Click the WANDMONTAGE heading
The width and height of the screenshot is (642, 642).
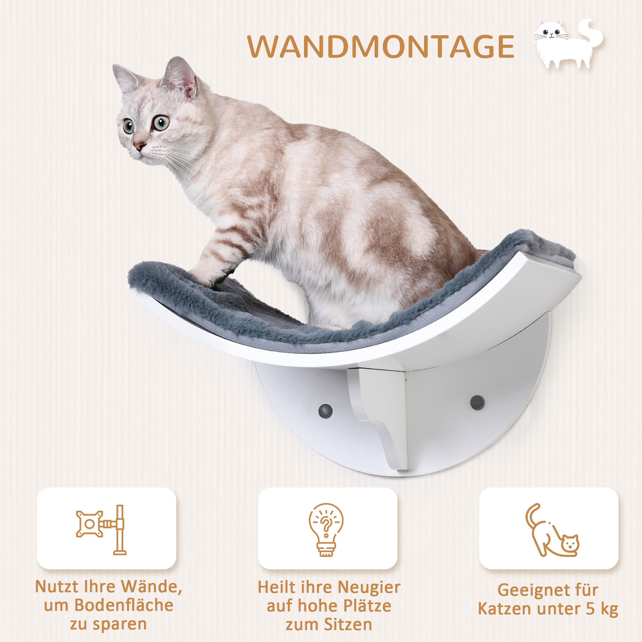pyautogui.click(x=381, y=47)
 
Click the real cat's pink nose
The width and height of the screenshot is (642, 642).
pyautogui.click(x=139, y=145)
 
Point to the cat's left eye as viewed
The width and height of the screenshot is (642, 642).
pyautogui.click(x=129, y=127)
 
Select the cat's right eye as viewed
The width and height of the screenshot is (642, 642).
pyautogui.click(x=161, y=123)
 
